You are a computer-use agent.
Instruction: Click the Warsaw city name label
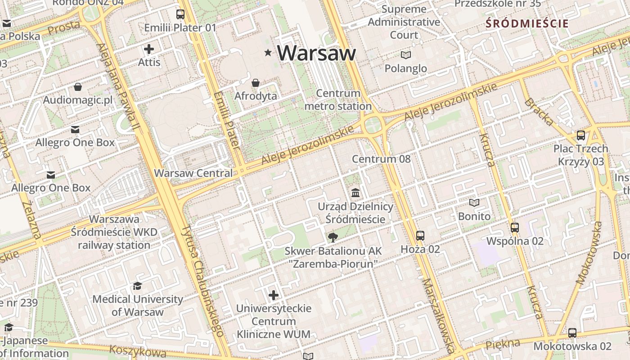tap(316, 53)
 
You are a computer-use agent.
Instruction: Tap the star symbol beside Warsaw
tap(268, 53)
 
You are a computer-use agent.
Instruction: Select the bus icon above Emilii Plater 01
tap(180, 14)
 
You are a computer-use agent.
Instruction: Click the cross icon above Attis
tap(149, 49)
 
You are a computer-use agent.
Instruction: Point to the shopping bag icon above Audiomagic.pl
tap(78, 86)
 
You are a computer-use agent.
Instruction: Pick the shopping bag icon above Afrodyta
tap(256, 83)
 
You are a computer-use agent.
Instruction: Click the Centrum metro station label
tap(338, 100)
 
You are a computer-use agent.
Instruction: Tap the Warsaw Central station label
tap(193, 173)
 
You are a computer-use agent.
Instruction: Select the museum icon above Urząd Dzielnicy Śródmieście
tap(355, 193)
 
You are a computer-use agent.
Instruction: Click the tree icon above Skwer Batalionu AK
tap(333, 237)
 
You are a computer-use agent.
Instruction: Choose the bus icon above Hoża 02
tap(420, 235)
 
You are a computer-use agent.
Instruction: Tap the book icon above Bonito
tap(474, 202)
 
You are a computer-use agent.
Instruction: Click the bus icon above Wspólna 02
tap(515, 227)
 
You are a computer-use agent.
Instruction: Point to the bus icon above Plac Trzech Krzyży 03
tap(581, 135)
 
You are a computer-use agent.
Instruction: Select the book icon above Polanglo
tap(406, 55)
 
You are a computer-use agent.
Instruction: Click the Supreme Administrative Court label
tap(404, 22)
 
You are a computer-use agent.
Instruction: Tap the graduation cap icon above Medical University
tap(137, 286)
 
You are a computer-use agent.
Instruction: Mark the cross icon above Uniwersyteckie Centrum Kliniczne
tap(274, 295)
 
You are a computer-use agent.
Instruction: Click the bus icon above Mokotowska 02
tap(572, 333)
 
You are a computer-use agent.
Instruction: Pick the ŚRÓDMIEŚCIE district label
tap(527, 23)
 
